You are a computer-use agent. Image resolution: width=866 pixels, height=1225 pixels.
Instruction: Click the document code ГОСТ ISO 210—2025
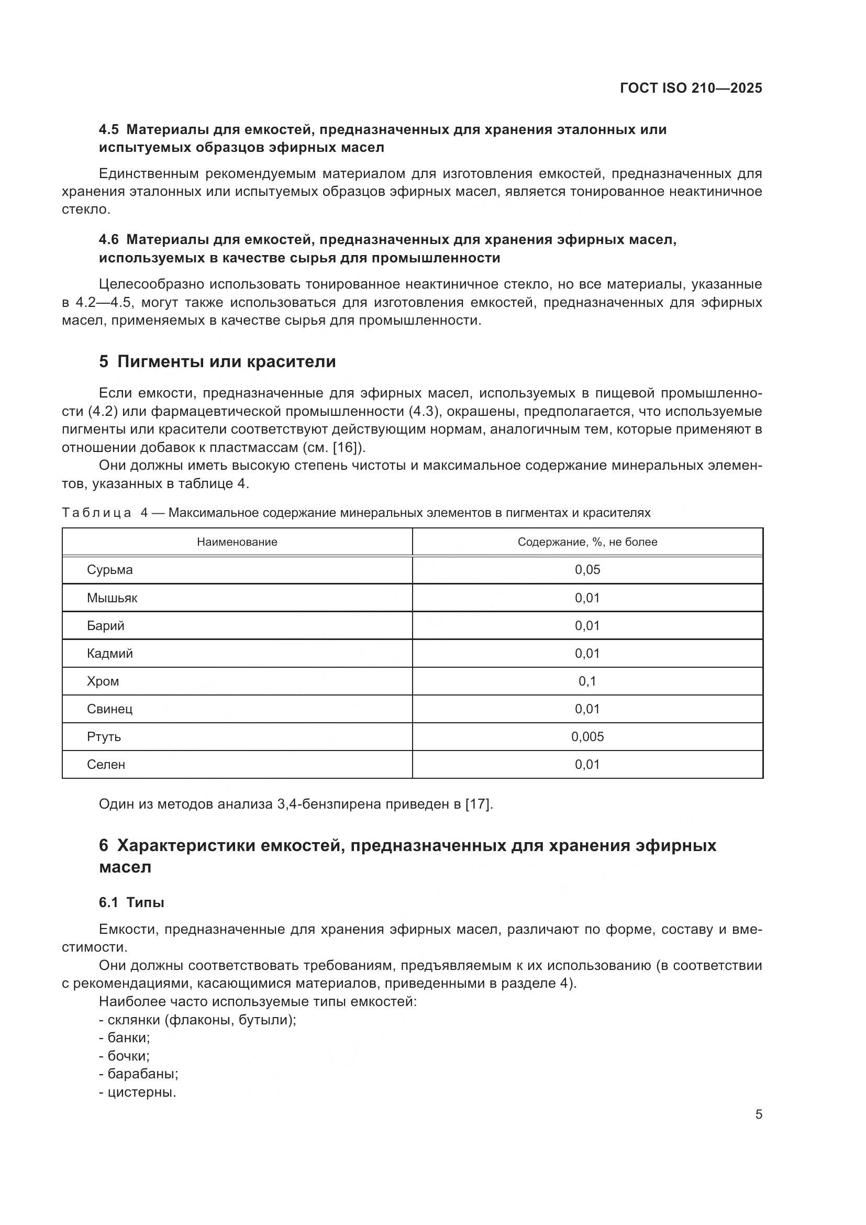point(691,88)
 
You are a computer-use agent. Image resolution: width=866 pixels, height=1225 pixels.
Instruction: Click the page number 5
point(758,1114)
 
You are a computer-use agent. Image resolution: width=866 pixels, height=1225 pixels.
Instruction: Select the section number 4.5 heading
point(109,130)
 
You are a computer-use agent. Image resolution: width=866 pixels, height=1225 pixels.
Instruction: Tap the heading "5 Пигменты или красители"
point(217,362)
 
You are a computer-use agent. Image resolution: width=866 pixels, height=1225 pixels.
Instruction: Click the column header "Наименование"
point(237,542)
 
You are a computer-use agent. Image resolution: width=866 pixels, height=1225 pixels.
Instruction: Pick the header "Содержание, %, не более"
point(587,542)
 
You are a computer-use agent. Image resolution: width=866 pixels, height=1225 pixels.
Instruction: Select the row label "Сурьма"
point(110,570)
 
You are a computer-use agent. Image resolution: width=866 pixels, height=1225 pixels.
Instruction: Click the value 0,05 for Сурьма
point(587,570)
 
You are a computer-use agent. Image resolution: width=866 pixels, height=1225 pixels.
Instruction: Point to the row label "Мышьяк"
point(112,598)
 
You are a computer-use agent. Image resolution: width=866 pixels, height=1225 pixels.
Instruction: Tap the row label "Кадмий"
point(110,654)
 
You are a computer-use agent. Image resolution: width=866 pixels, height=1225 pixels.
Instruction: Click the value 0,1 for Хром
point(587,681)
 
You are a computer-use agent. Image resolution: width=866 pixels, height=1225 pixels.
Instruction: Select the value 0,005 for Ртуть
point(587,737)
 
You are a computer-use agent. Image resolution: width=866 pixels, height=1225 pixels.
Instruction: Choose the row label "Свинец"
point(110,709)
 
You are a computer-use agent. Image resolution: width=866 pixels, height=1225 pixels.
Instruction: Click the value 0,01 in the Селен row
point(587,765)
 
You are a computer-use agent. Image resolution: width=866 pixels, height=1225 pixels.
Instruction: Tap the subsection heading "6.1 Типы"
point(131,903)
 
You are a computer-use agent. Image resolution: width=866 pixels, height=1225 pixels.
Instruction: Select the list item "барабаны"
point(142,1074)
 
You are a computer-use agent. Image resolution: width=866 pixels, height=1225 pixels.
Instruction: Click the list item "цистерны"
point(141,1091)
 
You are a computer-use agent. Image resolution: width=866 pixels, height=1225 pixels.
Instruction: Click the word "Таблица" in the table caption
point(96,513)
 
